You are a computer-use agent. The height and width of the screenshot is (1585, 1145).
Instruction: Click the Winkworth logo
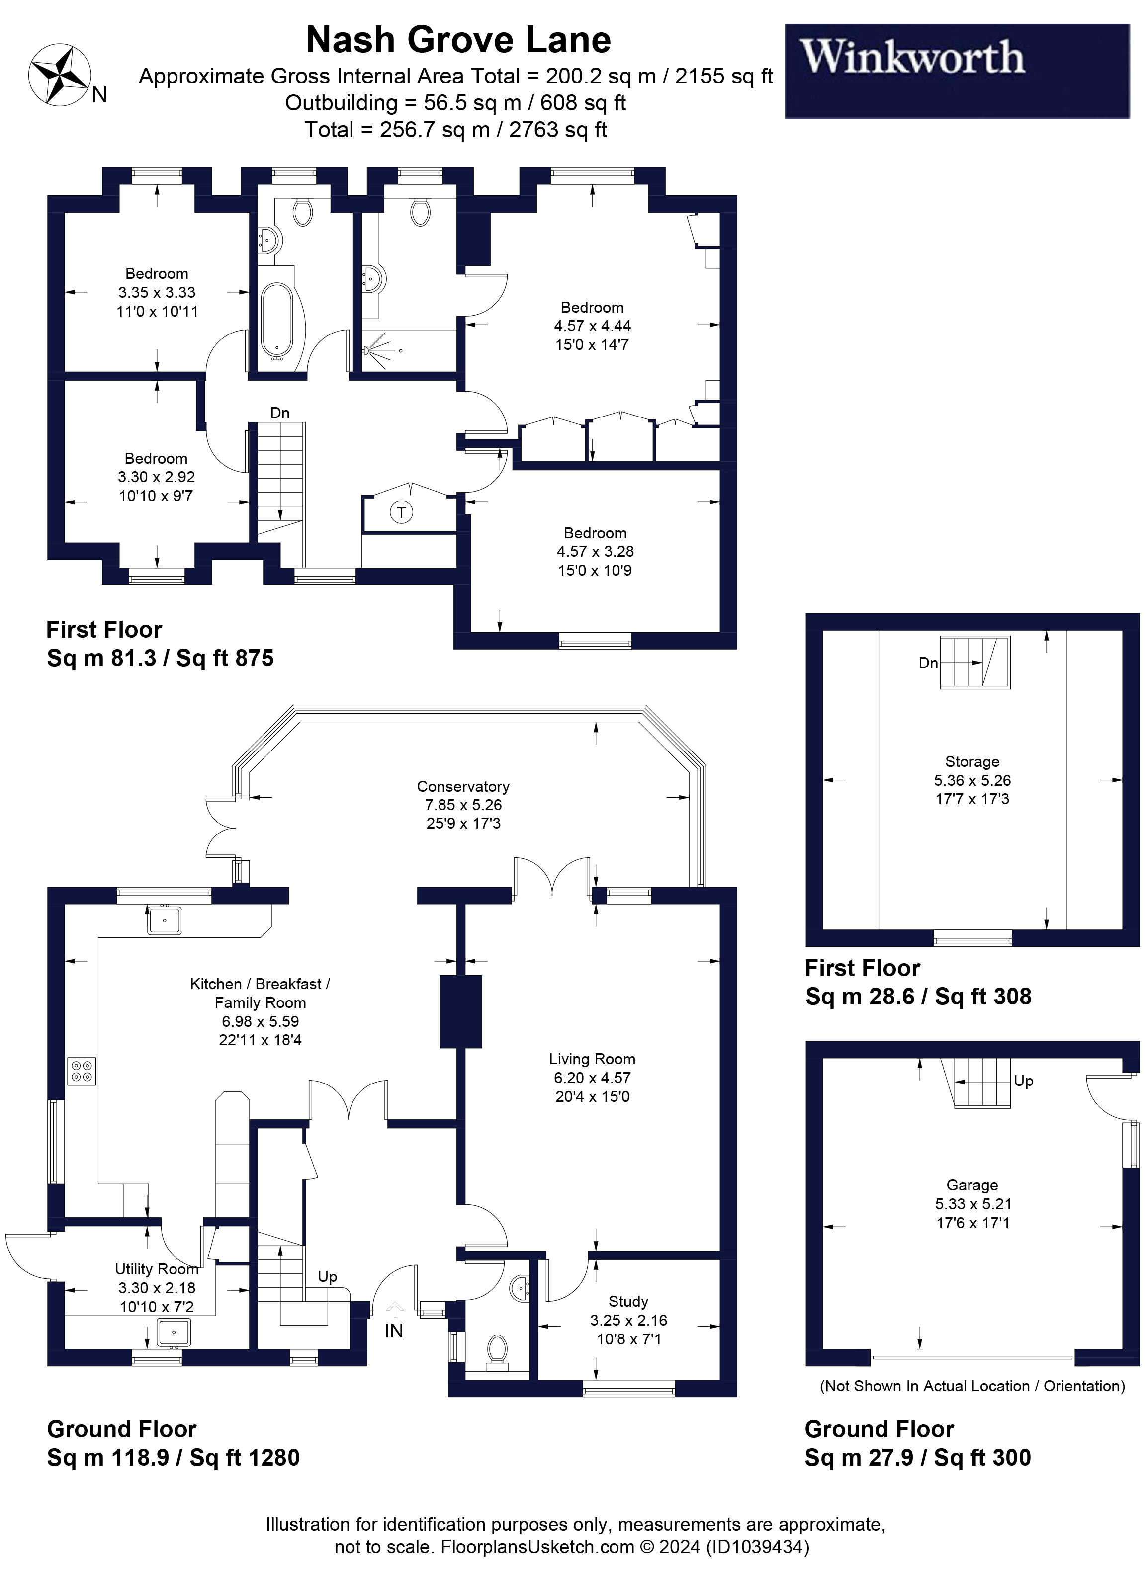(x=957, y=71)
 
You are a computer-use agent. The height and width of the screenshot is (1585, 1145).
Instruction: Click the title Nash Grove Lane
(x=458, y=40)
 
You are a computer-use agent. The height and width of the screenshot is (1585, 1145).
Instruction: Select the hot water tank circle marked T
(x=401, y=512)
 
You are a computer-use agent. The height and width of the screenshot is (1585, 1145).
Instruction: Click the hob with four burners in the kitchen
(x=82, y=1072)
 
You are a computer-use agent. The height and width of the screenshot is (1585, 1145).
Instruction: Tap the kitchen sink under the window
(x=164, y=920)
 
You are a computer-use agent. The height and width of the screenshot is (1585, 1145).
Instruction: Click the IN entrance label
(x=394, y=1332)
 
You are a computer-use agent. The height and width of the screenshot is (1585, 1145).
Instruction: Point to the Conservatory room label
(x=463, y=786)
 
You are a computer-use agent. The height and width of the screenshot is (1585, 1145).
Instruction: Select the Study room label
(x=628, y=1301)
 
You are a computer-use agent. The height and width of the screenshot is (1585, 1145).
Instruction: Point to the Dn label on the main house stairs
(x=279, y=413)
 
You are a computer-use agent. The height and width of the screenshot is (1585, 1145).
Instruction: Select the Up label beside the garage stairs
(x=1023, y=1081)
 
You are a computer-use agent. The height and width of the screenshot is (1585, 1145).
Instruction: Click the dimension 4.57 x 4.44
(x=592, y=326)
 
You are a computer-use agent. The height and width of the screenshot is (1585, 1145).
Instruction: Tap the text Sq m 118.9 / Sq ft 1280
(x=174, y=1457)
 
